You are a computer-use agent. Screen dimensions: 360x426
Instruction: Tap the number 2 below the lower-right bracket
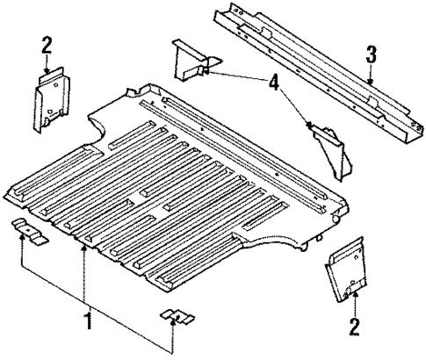[x=355, y=328]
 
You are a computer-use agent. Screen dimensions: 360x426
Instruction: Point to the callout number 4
[x=274, y=85]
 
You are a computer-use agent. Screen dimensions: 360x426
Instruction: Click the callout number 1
[x=86, y=322]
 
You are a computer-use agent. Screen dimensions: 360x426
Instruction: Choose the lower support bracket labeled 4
[x=326, y=146]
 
